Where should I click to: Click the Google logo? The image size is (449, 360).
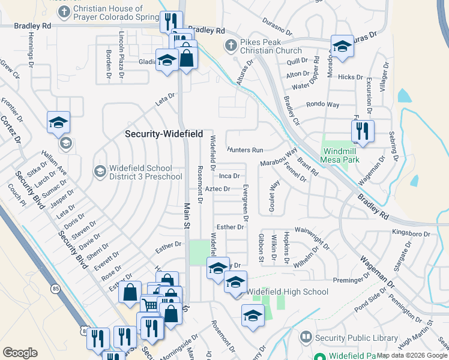pos(20,353)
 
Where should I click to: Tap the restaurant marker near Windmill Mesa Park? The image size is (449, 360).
pos(363,131)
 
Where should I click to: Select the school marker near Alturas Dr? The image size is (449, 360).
pos(342,46)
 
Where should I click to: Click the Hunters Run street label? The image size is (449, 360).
pos(245,149)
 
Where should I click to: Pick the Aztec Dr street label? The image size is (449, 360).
pos(217,189)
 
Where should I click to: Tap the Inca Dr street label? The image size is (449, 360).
pos(229,176)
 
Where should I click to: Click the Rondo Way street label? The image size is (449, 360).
pos(322,105)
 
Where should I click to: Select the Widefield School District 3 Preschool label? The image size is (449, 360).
pos(145,172)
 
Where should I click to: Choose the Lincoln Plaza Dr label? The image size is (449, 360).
pos(122,50)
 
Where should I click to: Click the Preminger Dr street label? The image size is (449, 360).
pos(353,279)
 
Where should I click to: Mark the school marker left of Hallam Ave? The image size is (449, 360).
pos(59,122)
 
